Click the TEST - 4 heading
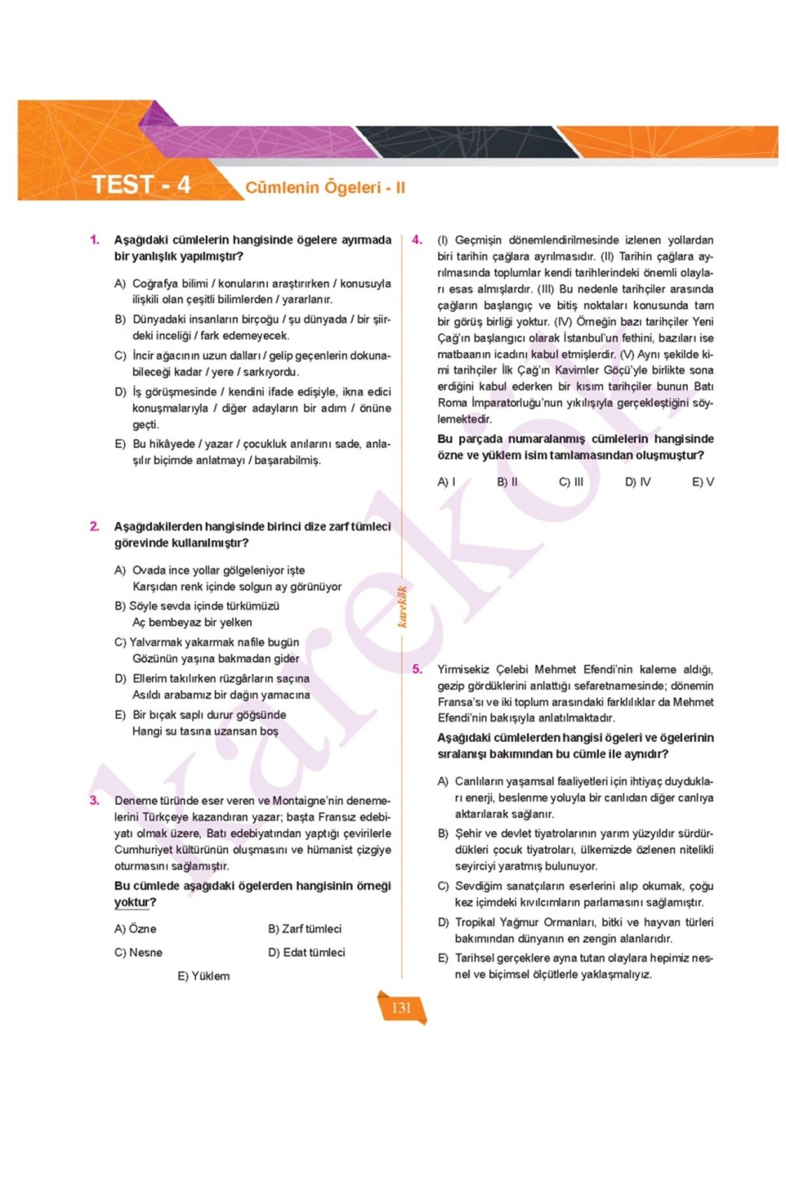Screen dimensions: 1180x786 pyautogui.click(x=140, y=185)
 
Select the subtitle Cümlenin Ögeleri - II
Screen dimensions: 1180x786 pyautogui.click(x=325, y=187)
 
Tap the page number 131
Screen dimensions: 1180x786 pyautogui.click(x=401, y=1008)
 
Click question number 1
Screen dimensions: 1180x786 pyautogui.click(x=94, y=240)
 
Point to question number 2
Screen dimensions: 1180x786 pyautogui.click(x=94, y=526)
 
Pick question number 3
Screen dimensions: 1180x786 pyautogui.click(x=94, y=800)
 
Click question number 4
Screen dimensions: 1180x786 pyautogui.click(x=417, y=240)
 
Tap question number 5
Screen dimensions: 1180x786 pyautogui.click(x=417, y=669)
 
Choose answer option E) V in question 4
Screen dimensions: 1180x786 pyautogui.click(x=702, y=482)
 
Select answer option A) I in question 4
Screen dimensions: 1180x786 pyautogui.click(x=446, y=482)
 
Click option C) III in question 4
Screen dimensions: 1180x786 pyautogui.click(x=571, y=482)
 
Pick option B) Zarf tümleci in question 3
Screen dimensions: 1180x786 pyautogui.click(x=305, y=929)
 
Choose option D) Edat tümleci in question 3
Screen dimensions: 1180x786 pyautogui.click(x=306, y=953)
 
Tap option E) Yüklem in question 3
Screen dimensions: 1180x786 pyautogui.click(x=203, y=976)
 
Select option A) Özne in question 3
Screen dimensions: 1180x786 pyautogui.click(x=135, y=929)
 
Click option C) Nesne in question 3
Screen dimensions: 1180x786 pyautogui.click(x=138, y=953)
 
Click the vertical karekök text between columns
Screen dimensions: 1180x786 pyautogui.click(x=402, y=606)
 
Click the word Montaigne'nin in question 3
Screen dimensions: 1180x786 pyautogui.click(x=309, y=800)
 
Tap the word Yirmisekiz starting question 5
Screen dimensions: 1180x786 pyautogui.click(x=464, y=669)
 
